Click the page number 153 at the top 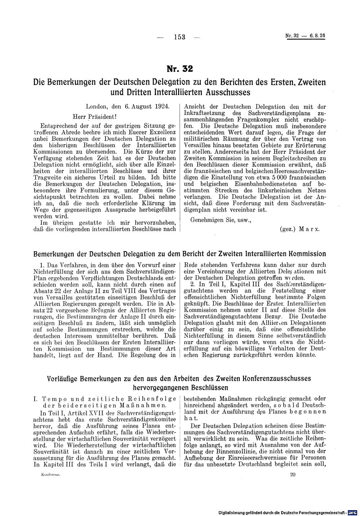point(179,37)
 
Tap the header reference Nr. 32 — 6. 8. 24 point(305,36)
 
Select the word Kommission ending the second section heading point(305,254)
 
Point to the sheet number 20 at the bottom point(292,475)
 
